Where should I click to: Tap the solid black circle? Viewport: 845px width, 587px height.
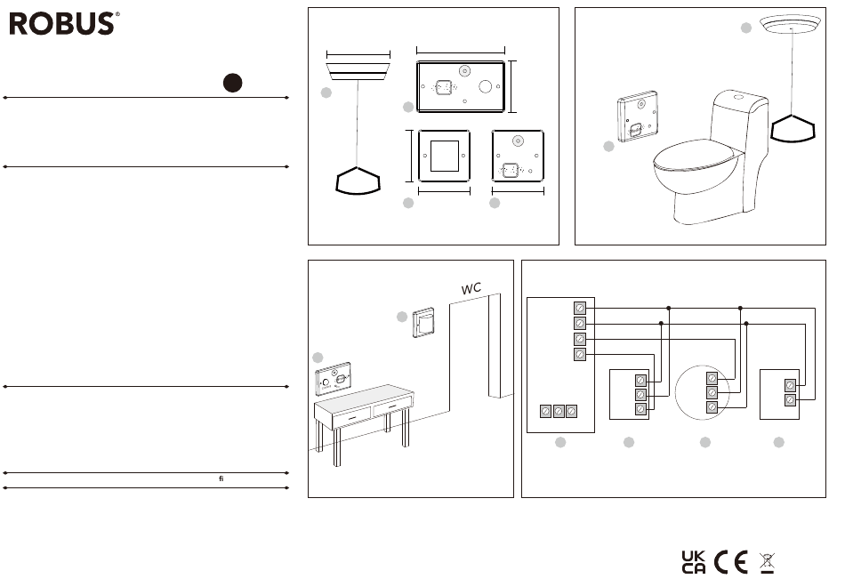click(x=233, y=83)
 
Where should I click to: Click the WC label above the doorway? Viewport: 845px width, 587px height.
click(x=471, y=288)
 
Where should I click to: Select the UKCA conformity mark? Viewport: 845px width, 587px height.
click(x=693, y=562)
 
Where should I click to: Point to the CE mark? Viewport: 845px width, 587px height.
click(x=731, y=562)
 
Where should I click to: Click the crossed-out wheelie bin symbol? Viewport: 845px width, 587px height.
click(x=767, y=563)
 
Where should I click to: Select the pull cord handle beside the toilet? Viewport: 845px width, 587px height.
click(x=793, y=129)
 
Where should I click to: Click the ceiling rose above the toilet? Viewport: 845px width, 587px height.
click(x=790, y=25)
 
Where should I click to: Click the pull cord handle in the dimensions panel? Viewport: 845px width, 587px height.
click(x=358, y=181)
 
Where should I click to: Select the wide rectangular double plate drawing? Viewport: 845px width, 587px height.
click(x=461, y=87)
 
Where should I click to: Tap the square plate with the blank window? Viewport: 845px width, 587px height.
click(x=444, y=156)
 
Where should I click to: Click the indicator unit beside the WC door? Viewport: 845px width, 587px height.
click(x=424, y=322)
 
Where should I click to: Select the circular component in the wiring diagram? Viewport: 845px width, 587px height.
click(x=702, y=392)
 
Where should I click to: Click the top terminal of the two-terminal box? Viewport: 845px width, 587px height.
click(x=790, y=385)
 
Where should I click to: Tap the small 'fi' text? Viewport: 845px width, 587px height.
click(x=221, y=478)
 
